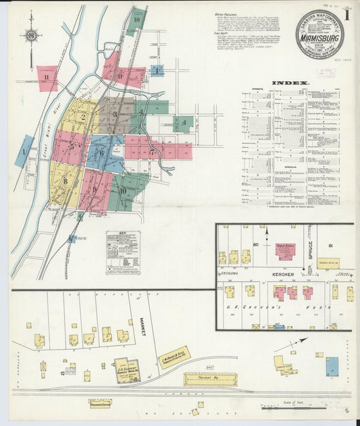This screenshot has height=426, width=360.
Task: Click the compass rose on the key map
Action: (x=31, y=35)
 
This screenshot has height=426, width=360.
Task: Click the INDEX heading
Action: (x=290, y=83)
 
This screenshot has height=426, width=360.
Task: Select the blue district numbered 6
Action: (x=102, y=153)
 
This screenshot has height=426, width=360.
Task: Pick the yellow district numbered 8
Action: (x=66, y=180)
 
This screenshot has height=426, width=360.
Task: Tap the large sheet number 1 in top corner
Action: (x=346, y=15)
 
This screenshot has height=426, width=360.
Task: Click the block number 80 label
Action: (x=256, y=243)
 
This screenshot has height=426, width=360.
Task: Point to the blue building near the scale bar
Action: (x=332, y=367)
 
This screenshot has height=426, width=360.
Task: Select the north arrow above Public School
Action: (x=267, y=236)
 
